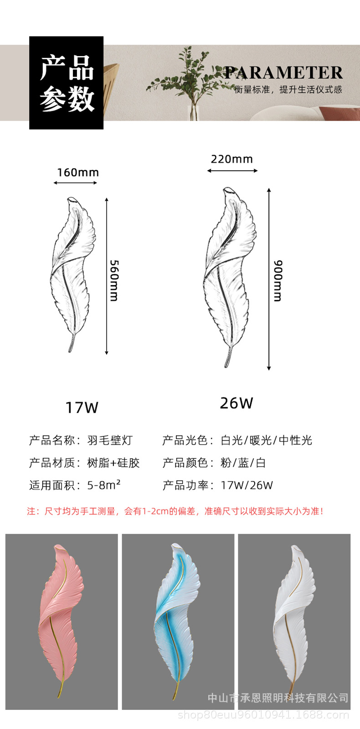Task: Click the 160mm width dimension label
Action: coord(77,173)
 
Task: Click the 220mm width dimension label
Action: coord(231,159)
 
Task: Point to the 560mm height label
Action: coord(114,280)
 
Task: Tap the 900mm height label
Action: coord(278,280)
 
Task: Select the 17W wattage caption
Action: coord(82,407)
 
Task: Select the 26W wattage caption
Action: coord(236,403)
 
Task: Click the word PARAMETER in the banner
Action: coord(283,73)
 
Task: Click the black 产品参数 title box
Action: coord(67,83)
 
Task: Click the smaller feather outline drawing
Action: coord(73,273)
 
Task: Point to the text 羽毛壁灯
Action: coord(110,440)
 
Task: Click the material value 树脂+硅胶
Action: coord(113,463)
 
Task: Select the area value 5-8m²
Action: coord(104,485)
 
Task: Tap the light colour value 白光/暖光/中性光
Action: coord(267,440)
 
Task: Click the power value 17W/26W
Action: coord(247,485)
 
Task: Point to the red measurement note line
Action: coord(175,511)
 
